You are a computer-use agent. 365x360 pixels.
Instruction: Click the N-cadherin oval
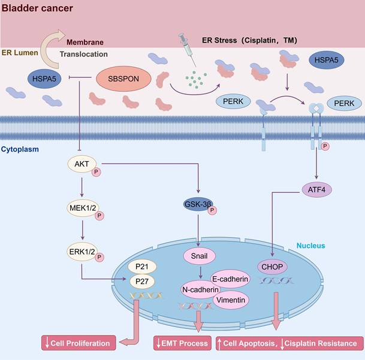coord(200,289)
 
